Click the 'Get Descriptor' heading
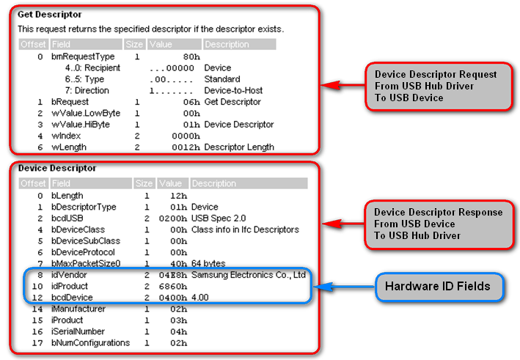(x=50, y=14)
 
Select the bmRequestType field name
(x=83, y=56)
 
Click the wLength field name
(x=70, y=147)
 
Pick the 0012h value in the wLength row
(x=186, y=147)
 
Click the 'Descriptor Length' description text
(x=239, y=147)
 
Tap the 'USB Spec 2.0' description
(x=218, y=218)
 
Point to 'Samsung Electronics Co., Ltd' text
(x=249, y=275)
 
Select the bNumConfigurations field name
(x=90, y=342)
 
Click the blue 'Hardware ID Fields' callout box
(x=440, y=287)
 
